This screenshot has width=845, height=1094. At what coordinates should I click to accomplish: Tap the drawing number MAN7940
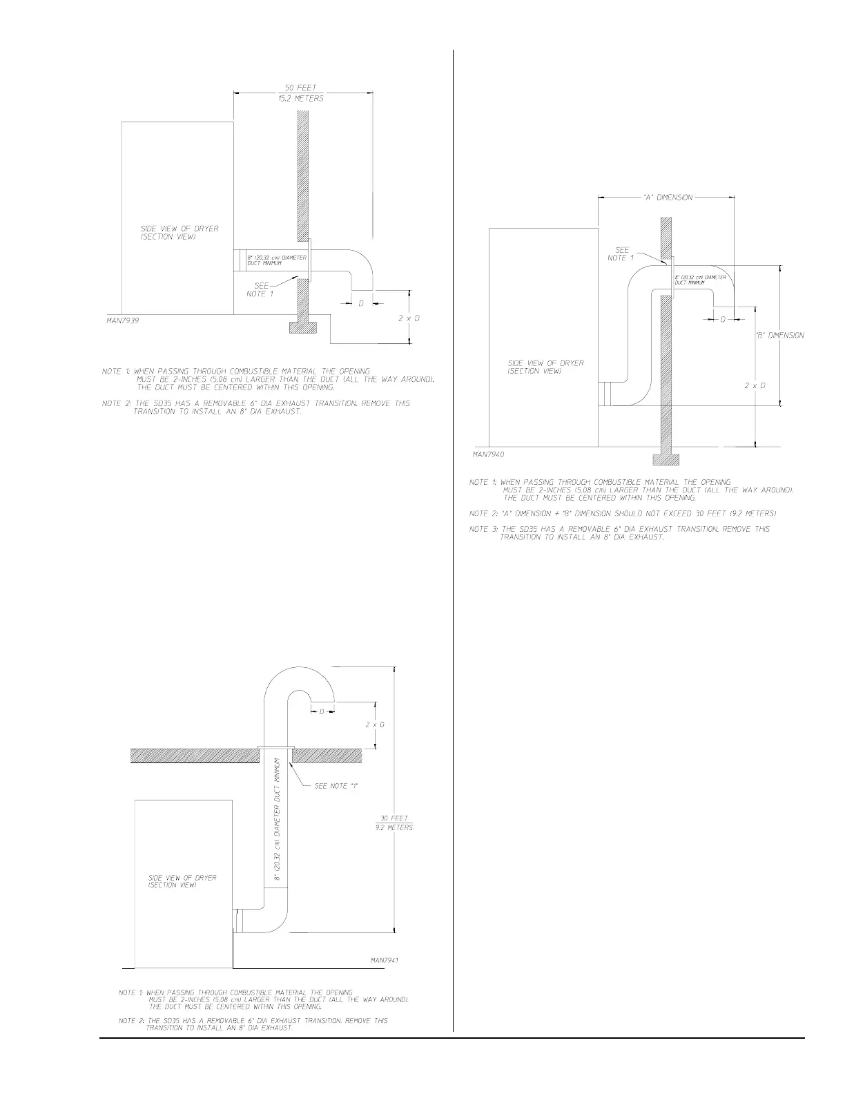pyautogui.click(x=489, y=455)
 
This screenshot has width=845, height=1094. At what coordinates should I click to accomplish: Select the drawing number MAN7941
pyautogui.click(x=385, y=960)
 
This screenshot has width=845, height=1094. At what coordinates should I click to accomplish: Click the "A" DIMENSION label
pyautogui.click(x=667, y=198)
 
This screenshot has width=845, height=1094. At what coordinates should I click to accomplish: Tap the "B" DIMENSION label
pyautogui.click(x=780, y=336)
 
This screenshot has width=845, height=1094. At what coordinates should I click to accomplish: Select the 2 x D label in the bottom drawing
pyautogui.click(x=375, y=724)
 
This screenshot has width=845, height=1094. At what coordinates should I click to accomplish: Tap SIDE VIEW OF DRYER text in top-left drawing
pyautogui.click(x=179, y=233)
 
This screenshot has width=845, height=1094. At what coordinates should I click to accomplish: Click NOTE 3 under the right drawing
pyautogui.click(x=619, y=533)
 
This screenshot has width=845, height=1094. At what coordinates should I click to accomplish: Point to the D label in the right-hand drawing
pyautogui.click(x=723, y=320)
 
